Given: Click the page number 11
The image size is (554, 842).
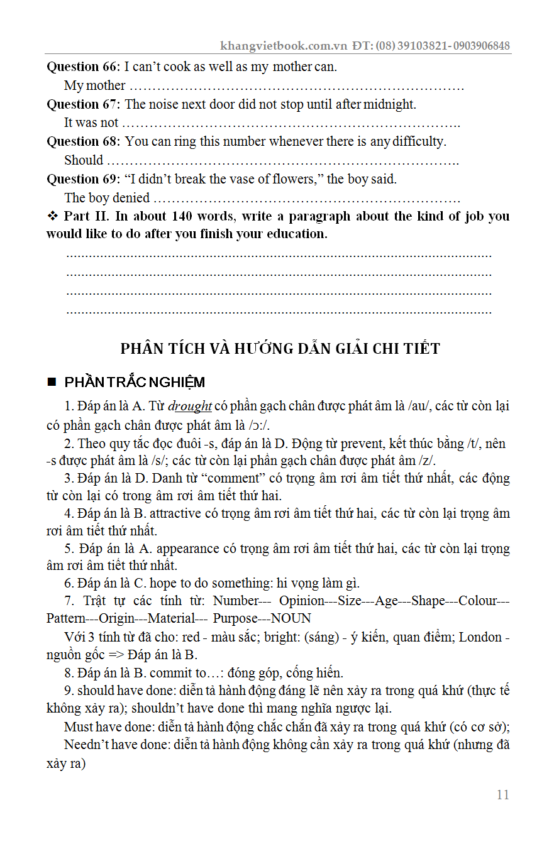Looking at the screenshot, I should click(502, 795).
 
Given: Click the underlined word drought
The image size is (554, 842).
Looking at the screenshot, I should click(190, 406).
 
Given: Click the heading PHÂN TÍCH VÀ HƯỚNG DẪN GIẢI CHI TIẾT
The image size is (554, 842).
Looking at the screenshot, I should click(280, 349).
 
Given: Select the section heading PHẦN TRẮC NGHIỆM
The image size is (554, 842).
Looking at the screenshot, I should click(135, 383).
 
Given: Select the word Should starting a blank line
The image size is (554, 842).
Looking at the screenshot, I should click(84, 160).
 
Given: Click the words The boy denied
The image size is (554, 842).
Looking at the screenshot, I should click(107, 198).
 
